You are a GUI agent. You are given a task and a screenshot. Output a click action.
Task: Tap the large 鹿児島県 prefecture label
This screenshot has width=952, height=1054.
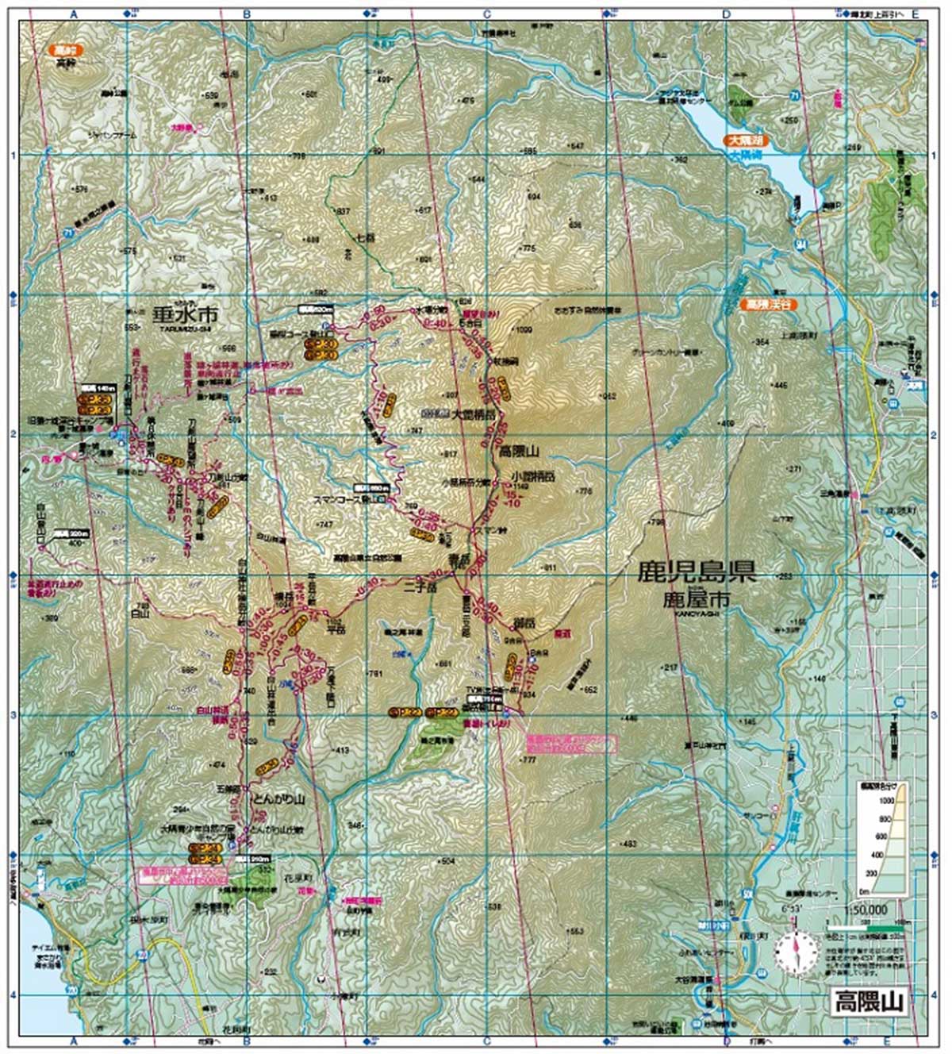pos(697,573)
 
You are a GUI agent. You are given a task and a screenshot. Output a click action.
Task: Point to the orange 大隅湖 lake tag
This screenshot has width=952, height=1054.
pos(746,140)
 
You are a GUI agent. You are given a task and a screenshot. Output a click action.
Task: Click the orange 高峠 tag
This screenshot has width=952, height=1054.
pos(64,50)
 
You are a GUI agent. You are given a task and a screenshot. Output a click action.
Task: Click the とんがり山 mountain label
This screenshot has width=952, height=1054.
pos(278,799)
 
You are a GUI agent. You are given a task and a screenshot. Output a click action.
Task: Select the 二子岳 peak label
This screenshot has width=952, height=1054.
pos(420,588)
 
